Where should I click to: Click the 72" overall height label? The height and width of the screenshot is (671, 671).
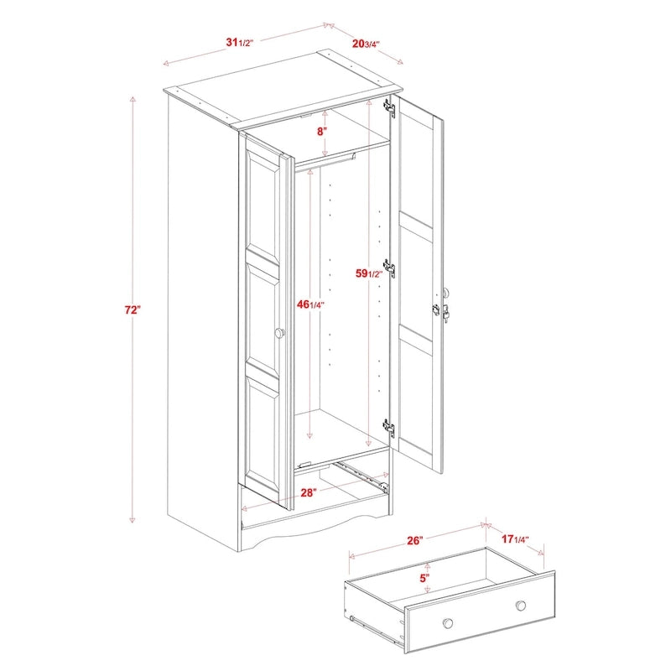tap(132, 310)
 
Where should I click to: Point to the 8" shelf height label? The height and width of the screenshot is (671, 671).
tap(320, 131)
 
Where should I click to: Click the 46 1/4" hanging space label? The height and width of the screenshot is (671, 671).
tap(311, 306)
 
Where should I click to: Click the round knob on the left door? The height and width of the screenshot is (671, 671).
tap(279, 334)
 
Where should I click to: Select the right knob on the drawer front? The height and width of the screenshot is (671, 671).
tap(521, 606)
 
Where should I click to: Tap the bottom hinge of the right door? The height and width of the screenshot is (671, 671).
tap(389, 427)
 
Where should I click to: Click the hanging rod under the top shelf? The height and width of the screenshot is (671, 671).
tap(327, 158)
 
